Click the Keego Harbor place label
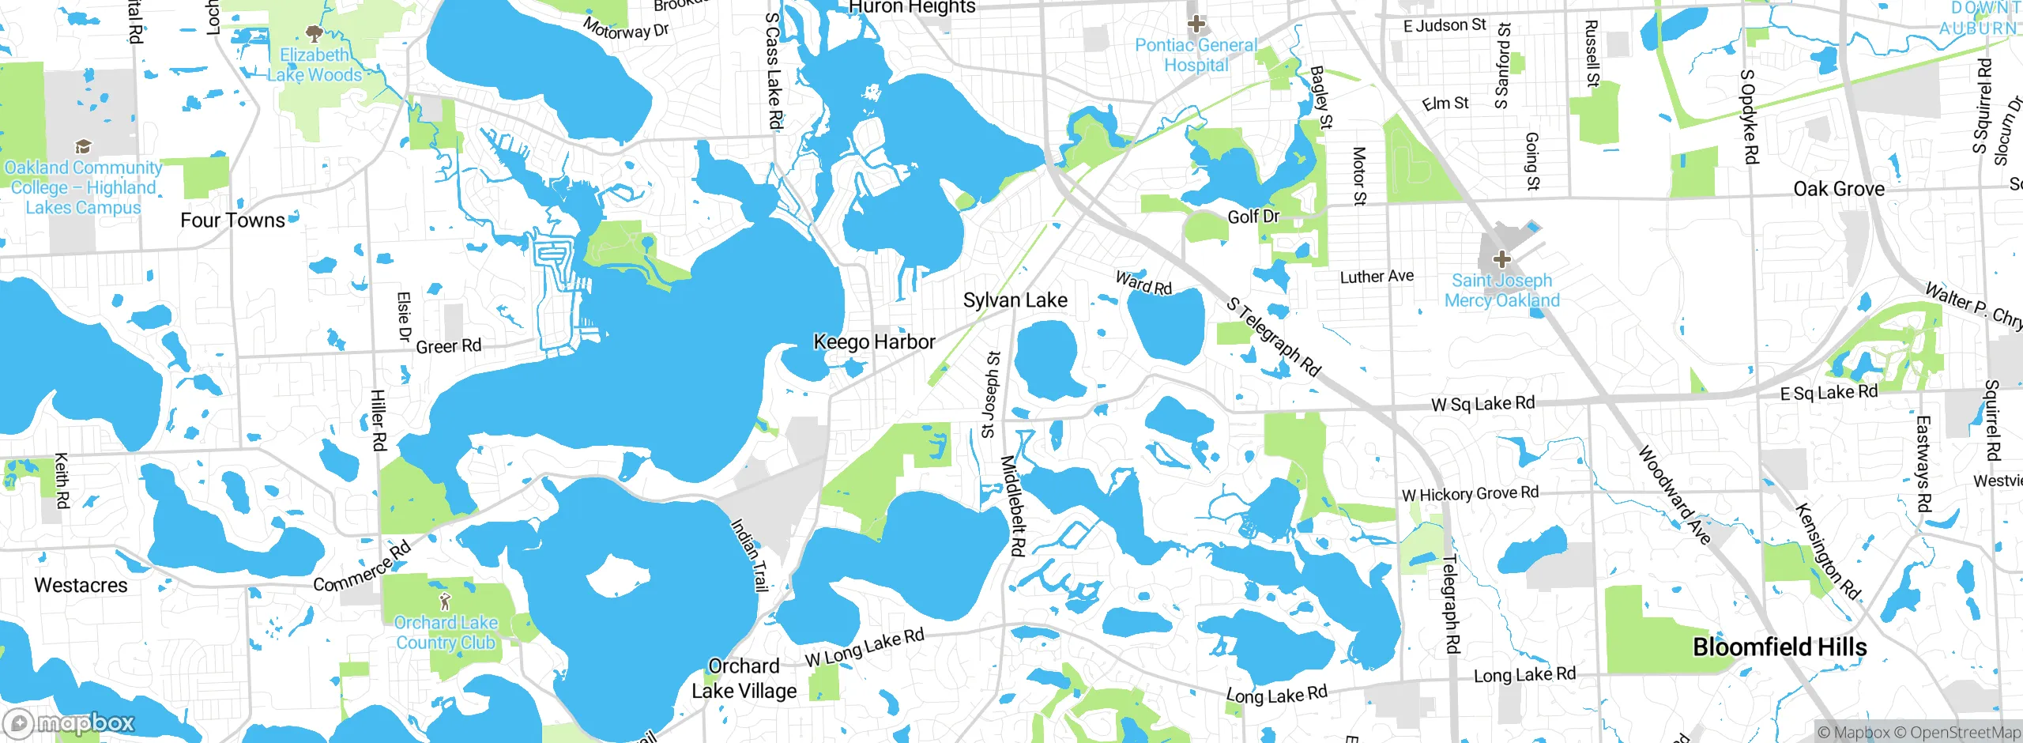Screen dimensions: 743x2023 pyautogui.click(x=874, y=341)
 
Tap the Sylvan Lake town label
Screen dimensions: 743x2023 pyautogui.click(x=1015, y=300)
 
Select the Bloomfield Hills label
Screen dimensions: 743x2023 pyautogui.click(x=1780, y=647)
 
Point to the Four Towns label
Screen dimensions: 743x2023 pyautogui.click(x=232, y=220)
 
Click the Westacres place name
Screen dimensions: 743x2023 pyautogui.click(x=81, y=585)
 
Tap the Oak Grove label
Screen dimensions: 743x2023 pyautogui.click(x=1839, y=189)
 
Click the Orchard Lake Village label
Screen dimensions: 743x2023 pyautogui.click(x=744, y=678)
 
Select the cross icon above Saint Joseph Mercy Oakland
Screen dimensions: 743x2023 pyautogui.click(x=1501, y=258)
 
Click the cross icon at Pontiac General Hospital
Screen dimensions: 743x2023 pyautogui.click(x=1196, y=23)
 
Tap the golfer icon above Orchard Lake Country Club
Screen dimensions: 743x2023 pyautogui.click(x=445, y=602)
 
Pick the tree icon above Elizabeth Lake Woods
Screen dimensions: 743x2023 pyautogui.click(x=314, y=33)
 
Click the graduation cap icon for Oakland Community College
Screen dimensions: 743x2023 pyautogui.click(x=82, y=147)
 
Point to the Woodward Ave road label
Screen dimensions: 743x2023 pyautogui.click(x=1674, y=496)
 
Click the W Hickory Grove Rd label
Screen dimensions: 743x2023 pyautogui.click(x=1470, y=493)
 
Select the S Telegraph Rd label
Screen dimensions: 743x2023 pyautogui.click(x=1273, y=337)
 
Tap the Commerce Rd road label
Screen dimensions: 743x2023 pyautogui.click(x=362, y=566)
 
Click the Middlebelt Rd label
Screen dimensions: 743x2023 pyautogui.click(x=1012, y=506)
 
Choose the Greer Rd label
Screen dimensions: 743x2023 pyautogui.click(x=448, y=346)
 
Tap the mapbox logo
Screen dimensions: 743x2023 pyautogui.click(x=70, y=722)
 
